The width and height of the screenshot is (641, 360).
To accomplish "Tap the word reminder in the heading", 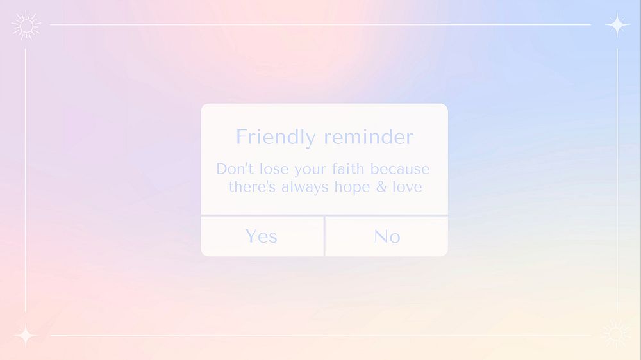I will click(369, 137).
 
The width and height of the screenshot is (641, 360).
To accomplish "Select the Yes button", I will click(262, 236).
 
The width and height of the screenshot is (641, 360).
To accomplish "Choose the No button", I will click(387, 236).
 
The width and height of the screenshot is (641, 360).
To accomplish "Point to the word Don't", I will click(234, 169).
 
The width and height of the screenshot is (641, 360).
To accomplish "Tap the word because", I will click(400, 169).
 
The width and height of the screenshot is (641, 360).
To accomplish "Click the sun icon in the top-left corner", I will click(26, 26).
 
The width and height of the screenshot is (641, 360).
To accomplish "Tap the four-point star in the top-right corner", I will click(617, 25).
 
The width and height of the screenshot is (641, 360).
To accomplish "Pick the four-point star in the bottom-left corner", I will click(26, 336).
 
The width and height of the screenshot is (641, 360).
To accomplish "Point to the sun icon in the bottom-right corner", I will click(616, 334).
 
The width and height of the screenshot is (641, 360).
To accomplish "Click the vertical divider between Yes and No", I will click(325, 236).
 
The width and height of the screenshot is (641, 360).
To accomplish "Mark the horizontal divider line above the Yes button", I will click(263, 215).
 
